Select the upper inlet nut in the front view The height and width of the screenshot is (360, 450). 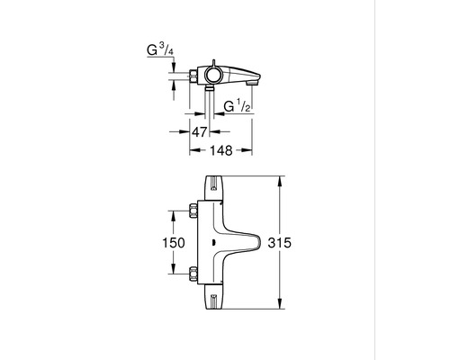pyautogui.click(x=195, y=212)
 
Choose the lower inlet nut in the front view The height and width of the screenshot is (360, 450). pyautogui.click(x=195, y=273)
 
